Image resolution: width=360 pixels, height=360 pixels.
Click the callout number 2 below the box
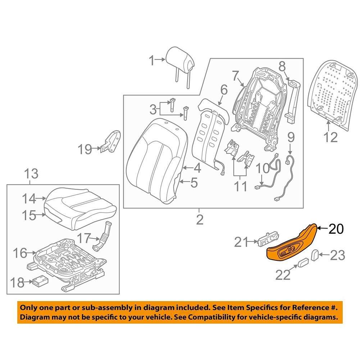[x=199, y=219]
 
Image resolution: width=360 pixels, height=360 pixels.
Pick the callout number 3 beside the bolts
[x=153, y=108]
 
